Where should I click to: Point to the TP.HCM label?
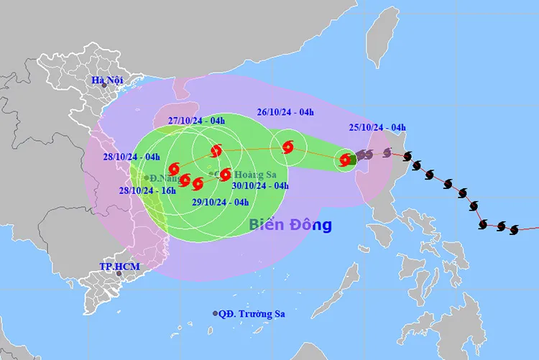click(x=119, y=267)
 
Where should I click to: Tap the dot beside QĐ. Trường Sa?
click(x=216, y=313)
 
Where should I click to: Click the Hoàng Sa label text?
click(x=236, y=173)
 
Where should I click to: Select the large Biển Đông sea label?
click(x=290, y=225)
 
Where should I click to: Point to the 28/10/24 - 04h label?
click(x=131, y=157)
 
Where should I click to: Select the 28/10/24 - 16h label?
click(x=148, y=190)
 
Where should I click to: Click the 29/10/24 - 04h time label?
click(x=220, y=202)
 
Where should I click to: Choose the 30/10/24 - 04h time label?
click(x=260, y=185)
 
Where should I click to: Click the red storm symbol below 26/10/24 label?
click(x=288, y=147)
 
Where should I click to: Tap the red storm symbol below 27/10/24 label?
click(x=216, y=151)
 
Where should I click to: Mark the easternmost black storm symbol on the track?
click(x=514, y=230)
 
